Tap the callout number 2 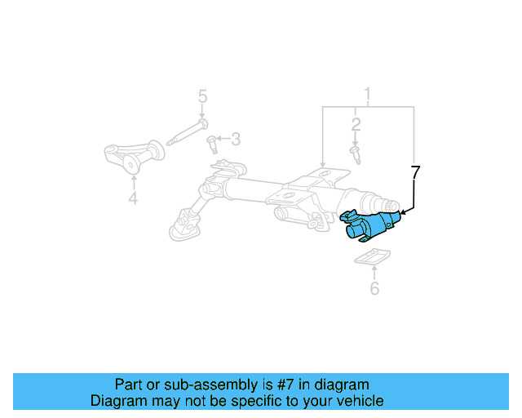(x=356, y=124)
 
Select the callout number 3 (x=235, y=139)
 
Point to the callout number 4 (x=133, y=197)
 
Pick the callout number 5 (x=202, y=99)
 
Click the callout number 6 (x=374, y=288)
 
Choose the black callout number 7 (x=415, y=172)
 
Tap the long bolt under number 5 (x=187, y=132)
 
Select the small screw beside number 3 (x=212, y=144)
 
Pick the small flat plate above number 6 (x=371, y=259)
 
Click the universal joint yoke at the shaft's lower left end (x=187, y=221)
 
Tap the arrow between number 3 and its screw (x=222, y=140)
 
